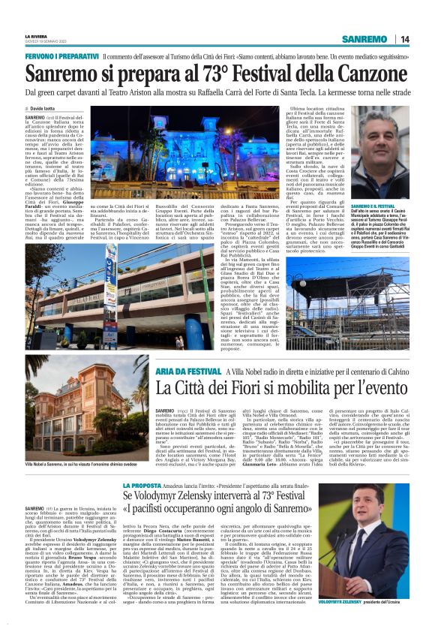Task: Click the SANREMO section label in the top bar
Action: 364,39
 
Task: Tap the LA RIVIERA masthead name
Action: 36,36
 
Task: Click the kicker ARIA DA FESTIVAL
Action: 184,371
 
